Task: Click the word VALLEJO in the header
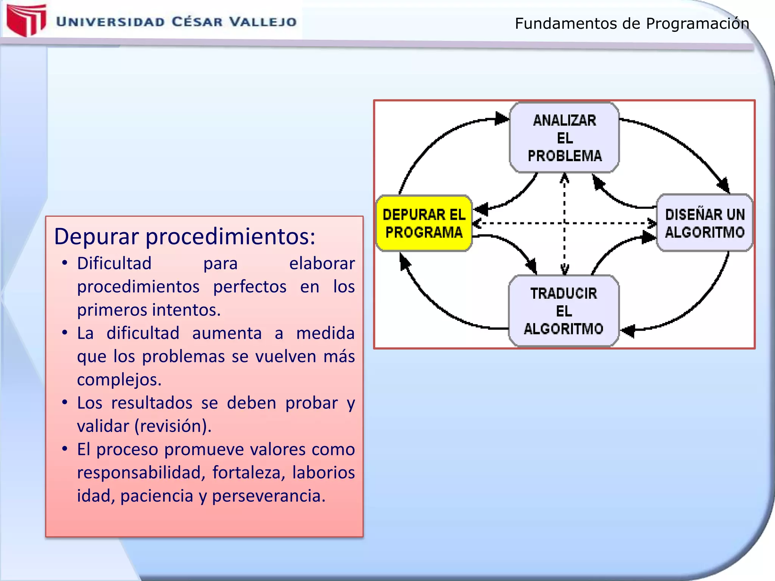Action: [x=263, y=22]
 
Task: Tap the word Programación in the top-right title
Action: [x=697, y=23]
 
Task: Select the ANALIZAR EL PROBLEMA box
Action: [x=564, y=138]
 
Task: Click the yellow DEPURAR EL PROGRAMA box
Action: [x=424, y=223]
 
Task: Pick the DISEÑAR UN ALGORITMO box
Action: [x=705, y=223]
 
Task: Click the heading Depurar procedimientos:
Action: [x=185, y=237]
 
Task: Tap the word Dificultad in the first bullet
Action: [x=114, y=263]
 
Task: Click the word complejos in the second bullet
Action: [x=119, y=380]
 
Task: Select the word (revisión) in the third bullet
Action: [x=173, y=426]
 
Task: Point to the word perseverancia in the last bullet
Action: [x=268, y=496]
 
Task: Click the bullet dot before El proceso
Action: [x=65, y=449]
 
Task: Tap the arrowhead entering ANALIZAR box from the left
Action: [x=502, y=118]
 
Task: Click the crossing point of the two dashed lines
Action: [x=564, y=223]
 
